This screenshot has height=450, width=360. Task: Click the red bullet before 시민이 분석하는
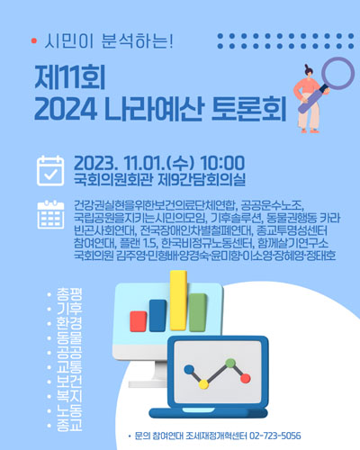pos(33,41)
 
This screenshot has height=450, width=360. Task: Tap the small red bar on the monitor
pos(139,321)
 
